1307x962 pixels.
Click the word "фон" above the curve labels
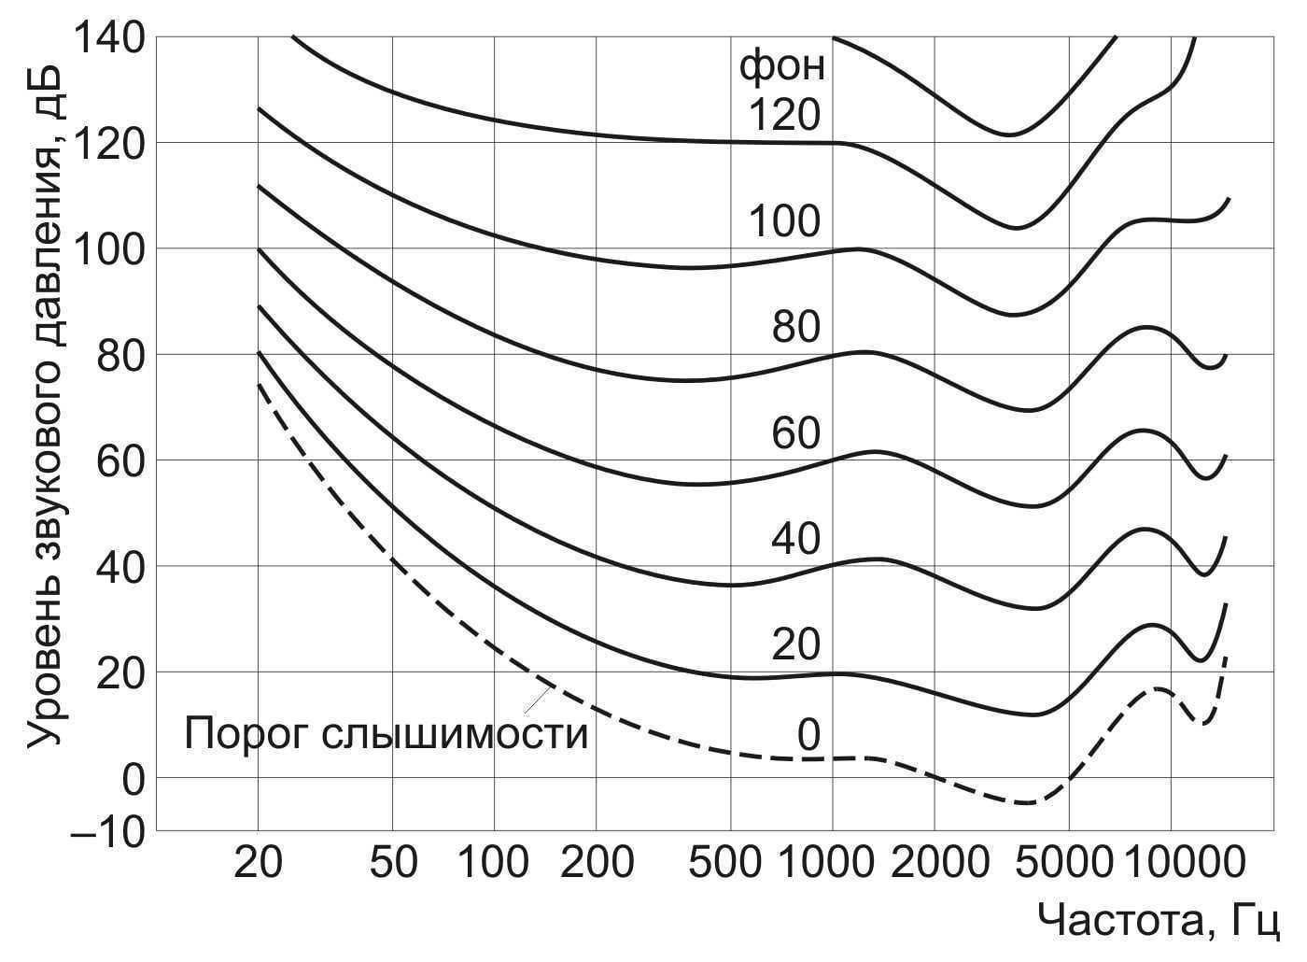(x=782, y=67)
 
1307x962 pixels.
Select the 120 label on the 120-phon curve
(x=784, y=115)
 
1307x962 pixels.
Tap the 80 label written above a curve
(x=795, y=327)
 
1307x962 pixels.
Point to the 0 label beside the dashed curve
(x=808, y=736)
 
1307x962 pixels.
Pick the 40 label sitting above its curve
(x=795, y=539)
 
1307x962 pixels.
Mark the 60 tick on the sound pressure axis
(x=121, y=460)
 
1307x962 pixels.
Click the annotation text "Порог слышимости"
(x=386, y=734)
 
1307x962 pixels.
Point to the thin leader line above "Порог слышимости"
(x=537, y=699)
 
